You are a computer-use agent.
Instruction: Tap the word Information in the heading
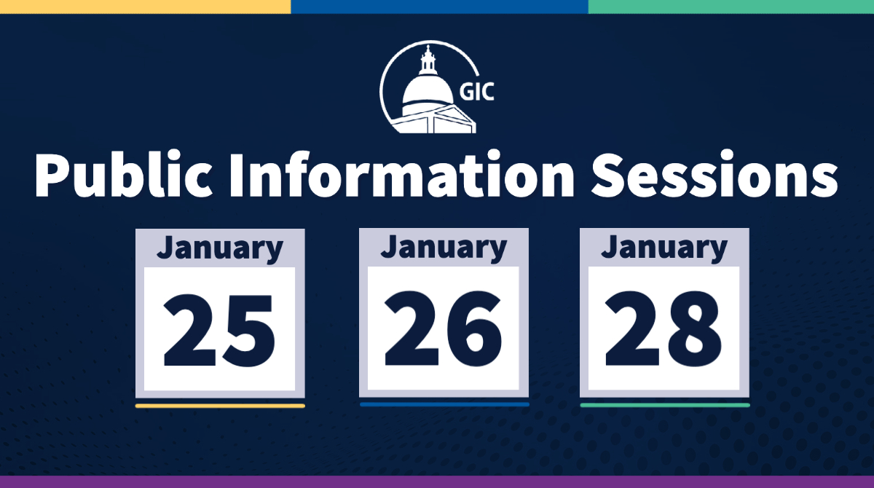pyautogui.click(x=402, y=174)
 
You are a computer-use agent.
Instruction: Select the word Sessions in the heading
pyautogui.click(x=714, y=175)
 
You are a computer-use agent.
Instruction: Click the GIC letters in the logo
pyautogui.click(x=476, y=93)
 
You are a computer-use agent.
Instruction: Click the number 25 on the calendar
pyautogui.click(x=219, y=330)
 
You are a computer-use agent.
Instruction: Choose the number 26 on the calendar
pyautogui.click(x=443, y=328)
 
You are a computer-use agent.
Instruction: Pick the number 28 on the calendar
pyautogui.click(x=664, y=328)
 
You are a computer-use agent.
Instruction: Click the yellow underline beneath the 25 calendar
pyautogui.click(x=220, y=406)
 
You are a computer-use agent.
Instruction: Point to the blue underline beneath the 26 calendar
pyautogui.click(x=444, y=404)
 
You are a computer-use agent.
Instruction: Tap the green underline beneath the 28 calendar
pyautogui.click(x=665, y=405)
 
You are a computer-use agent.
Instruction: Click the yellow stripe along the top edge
pyautogui.click(x=145, y=7)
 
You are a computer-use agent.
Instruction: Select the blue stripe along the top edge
pyautogui.click(x=439, y=7)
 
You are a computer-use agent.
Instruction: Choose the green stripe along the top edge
pyautogui.click(x=731, y=7)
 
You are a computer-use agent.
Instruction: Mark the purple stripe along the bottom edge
pyautogui.click(x=437, y=481)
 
